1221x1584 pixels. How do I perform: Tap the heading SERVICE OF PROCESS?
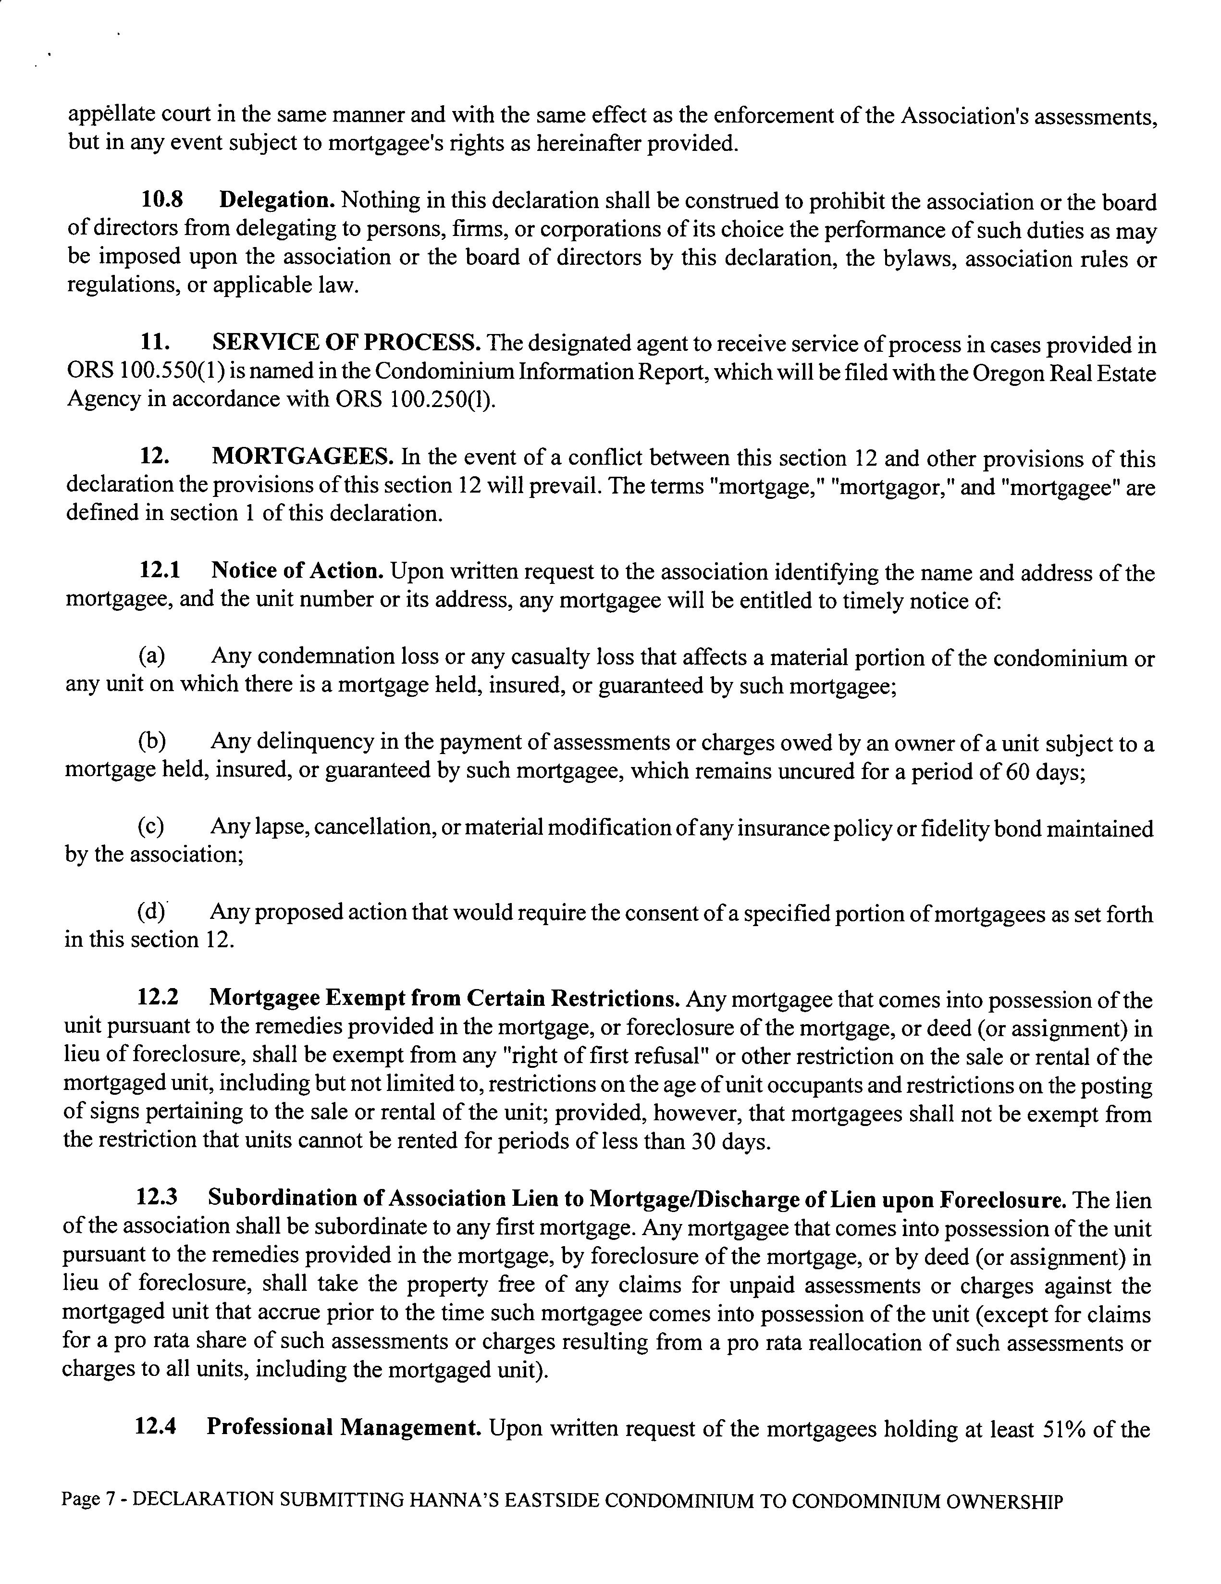click(346, 342)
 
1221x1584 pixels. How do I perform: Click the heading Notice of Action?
click(297, 571)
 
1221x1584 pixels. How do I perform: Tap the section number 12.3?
click(157, 1198)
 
